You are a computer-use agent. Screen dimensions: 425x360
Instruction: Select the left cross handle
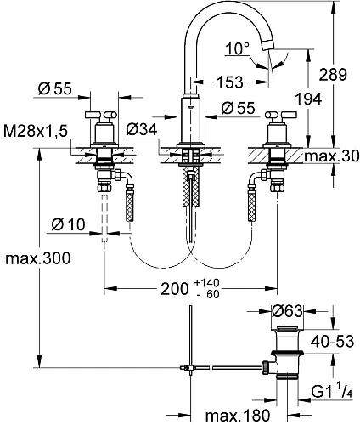[104, 116]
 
